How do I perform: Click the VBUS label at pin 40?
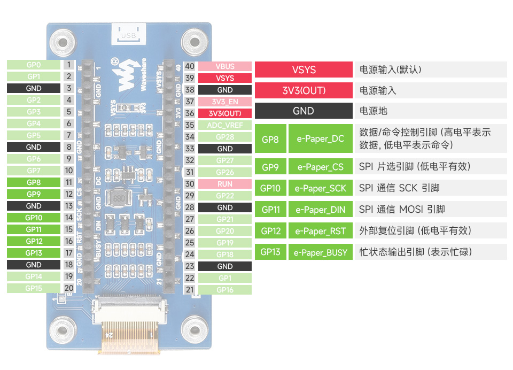(225, 66)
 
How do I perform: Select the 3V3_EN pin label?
(225, 102)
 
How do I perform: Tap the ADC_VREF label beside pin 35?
(225, 125)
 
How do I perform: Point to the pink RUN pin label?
(225, 184)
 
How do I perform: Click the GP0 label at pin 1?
(33, 65)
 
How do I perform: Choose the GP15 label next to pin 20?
(33, 288)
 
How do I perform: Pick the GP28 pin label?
(225, 137)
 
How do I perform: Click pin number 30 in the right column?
(190, 184)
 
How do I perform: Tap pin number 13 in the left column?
(68, 206)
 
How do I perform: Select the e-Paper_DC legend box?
(320, 139)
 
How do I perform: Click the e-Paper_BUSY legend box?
(320, 252)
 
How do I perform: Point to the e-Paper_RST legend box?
(320, 231)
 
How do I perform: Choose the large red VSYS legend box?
(304, 70)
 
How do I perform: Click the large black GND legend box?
(304, 111)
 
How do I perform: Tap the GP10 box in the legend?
(270, 188)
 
